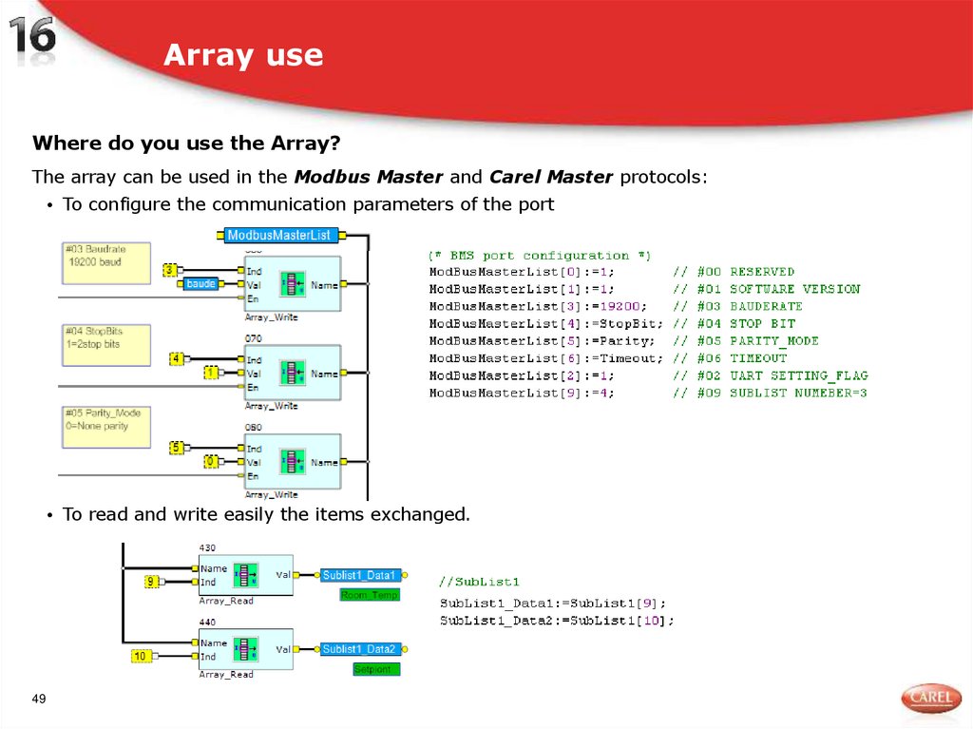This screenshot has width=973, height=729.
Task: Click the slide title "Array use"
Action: (x=243, y=55)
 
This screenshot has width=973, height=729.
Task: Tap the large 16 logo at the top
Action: (x=33, y=40)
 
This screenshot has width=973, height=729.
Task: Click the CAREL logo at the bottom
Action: (x=930, y=699)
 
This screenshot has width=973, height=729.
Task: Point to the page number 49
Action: (x=39, y=700)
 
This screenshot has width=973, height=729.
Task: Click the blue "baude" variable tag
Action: (x=200, y=283)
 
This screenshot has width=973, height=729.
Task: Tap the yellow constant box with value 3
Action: (x=170, y=271)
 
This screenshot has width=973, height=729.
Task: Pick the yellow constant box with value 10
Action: (x=141, y=656)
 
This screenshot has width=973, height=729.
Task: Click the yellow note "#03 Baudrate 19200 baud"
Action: (x=105, y=260)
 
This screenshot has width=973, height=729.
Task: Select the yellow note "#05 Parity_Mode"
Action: (x=105, y=425)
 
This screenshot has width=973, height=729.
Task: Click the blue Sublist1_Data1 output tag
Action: (x=358, y=575)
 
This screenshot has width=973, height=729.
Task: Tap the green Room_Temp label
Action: (x=370, y=595)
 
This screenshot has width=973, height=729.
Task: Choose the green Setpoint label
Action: (x=376, y=669)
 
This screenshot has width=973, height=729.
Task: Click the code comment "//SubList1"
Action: (x=479, y=582)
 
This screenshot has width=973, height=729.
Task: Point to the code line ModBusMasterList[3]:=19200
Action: (x=538, y=306)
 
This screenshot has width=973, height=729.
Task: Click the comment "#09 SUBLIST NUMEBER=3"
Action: (x=770, y=393)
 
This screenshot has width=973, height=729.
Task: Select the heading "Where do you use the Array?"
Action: (x=186, y=144)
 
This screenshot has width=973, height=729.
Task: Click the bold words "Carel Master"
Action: (x=551, y=177)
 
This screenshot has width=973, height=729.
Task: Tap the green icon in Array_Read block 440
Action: (x=246, y=649)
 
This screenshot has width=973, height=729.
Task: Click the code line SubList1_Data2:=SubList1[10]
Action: (x=557, y=621)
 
